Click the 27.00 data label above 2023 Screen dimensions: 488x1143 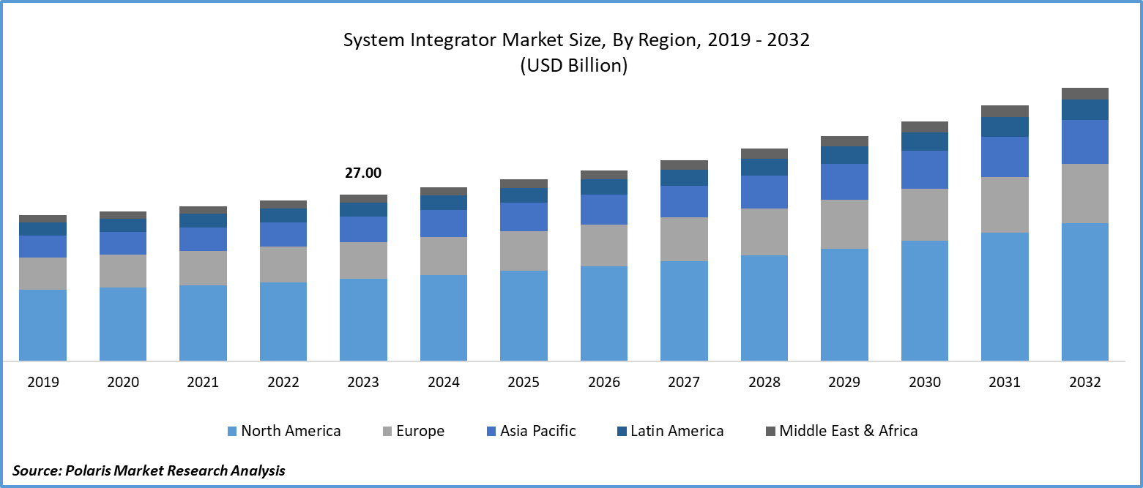coord(363,173)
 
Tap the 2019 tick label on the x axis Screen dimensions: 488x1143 coord(42,382)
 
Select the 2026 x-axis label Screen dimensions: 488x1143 coord(604,382)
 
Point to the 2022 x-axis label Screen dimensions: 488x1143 coord(283,382)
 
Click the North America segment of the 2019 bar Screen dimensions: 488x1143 coord(42,325)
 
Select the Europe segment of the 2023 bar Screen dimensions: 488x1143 coord(363,260)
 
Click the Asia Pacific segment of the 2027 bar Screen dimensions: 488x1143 coord(684,201)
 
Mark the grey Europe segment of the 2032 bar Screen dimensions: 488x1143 coord(1084,193)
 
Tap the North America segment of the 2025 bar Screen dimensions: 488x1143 coord(524,315)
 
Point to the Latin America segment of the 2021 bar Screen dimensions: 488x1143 coord(203,220)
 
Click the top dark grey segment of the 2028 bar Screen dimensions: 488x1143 coord(764,154)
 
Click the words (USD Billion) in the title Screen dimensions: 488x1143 coord(574,65)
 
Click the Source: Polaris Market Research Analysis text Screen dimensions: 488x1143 coord(149,470)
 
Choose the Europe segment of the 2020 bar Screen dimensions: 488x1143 coord(123,271)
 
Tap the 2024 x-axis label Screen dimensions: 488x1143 coord(444,382)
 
